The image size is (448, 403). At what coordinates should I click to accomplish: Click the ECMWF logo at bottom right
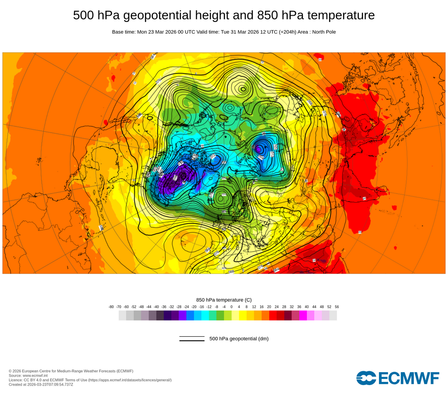click(x=398, y=378)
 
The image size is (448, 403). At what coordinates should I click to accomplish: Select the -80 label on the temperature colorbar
click(x=111, y=307)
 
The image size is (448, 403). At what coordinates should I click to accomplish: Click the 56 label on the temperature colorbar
click(x=336, y=307)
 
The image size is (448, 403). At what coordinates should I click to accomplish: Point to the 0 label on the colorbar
click(x=232, y=307)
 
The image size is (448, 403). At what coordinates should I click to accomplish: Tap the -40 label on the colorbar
click(x=156, y=307)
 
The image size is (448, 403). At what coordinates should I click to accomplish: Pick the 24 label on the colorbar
click(x=276, y=307)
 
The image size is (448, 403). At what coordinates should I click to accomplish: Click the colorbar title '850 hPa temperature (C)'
click(x=224, y=300)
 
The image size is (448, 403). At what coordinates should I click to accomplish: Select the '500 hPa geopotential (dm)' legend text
click(x=239, y=339)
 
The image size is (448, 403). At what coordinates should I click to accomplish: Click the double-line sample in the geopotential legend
click(x=192, y=339)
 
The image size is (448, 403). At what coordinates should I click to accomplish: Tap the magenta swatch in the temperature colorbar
click(x=303, y=316)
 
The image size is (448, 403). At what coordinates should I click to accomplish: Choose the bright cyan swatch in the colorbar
click(x=205, y=316)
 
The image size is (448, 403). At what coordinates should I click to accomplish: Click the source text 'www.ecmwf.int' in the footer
click(x=37, y=375)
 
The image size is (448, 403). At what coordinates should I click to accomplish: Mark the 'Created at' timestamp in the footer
click(x=41, y=384)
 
